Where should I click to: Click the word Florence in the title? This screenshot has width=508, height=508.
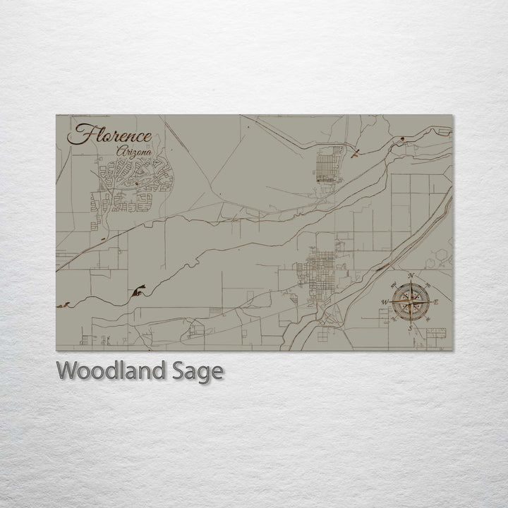[109, 135]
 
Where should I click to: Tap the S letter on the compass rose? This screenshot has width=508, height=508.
[409, 327]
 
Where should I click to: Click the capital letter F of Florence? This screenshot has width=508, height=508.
[78, 135]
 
